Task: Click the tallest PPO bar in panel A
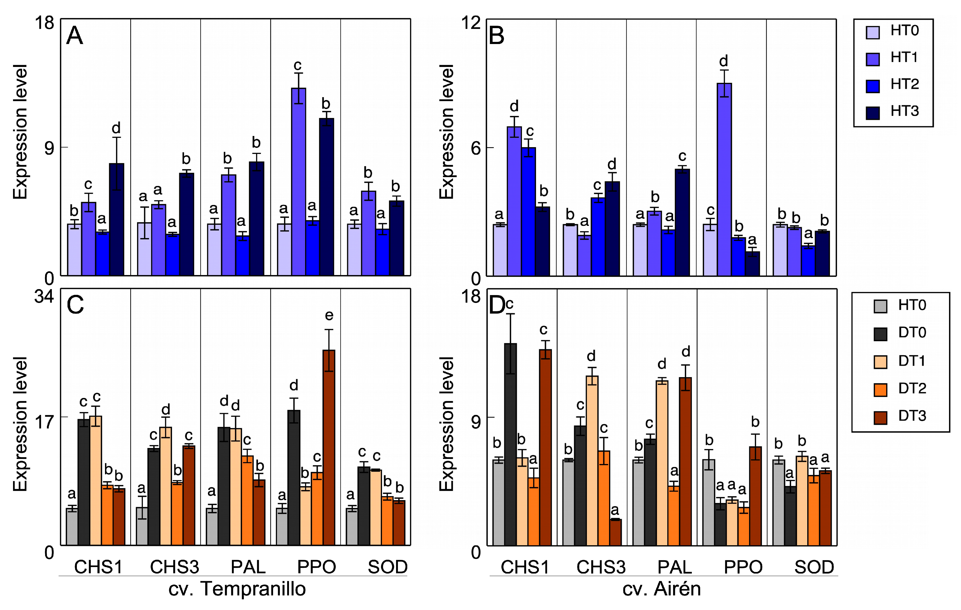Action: [299, 182]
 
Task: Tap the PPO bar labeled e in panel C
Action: [329, 447]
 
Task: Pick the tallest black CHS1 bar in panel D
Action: [510, 444]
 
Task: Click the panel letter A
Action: [75, 36]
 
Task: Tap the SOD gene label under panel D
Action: [814, 567]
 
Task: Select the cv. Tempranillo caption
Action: [237, 589]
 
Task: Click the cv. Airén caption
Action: [662, 589]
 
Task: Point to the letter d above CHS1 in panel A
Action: [116, 128]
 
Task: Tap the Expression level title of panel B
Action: [447, 132]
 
